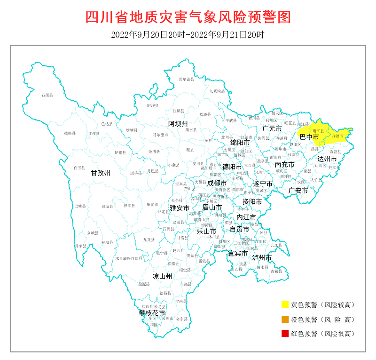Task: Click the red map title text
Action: pos(188,17)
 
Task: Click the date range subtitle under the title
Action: pos(188,35)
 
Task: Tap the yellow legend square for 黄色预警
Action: pos(285,305)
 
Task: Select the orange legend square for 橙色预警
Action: pos(285,320)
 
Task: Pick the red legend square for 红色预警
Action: pos(285,334)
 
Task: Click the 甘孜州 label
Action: pos(101,173)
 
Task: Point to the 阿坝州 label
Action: pos(178,124)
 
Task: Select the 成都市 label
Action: pos(217,183)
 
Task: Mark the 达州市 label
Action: pos(327,159)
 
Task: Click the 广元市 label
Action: pos(272,128)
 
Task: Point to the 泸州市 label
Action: pos(262,258)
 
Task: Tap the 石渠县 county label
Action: pos(47,96)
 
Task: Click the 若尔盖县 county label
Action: pos(187,80)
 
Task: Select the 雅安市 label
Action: pos(180,208)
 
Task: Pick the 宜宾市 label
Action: pos(237,253)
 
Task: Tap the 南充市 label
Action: pos(284,165)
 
